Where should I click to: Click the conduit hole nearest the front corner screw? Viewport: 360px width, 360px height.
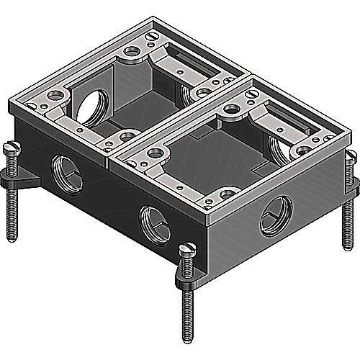153,238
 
